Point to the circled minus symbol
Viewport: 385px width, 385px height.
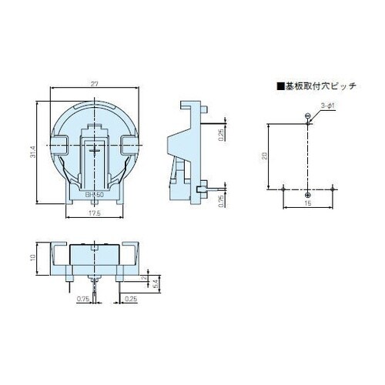pyautogui.click(x=307, y=117)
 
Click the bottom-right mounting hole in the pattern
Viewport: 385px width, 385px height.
pyautogui.click(x=331, y=189)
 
